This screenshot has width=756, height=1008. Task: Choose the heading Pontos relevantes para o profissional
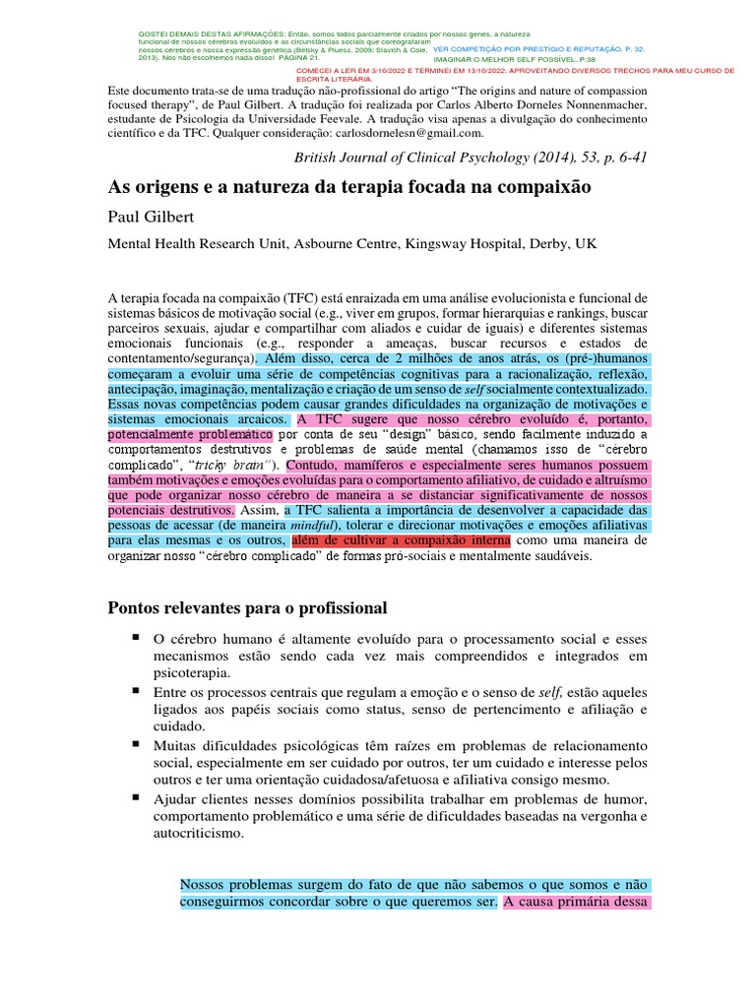(x=247, y=607)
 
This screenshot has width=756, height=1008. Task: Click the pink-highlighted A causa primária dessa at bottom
(x=576, y=901)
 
